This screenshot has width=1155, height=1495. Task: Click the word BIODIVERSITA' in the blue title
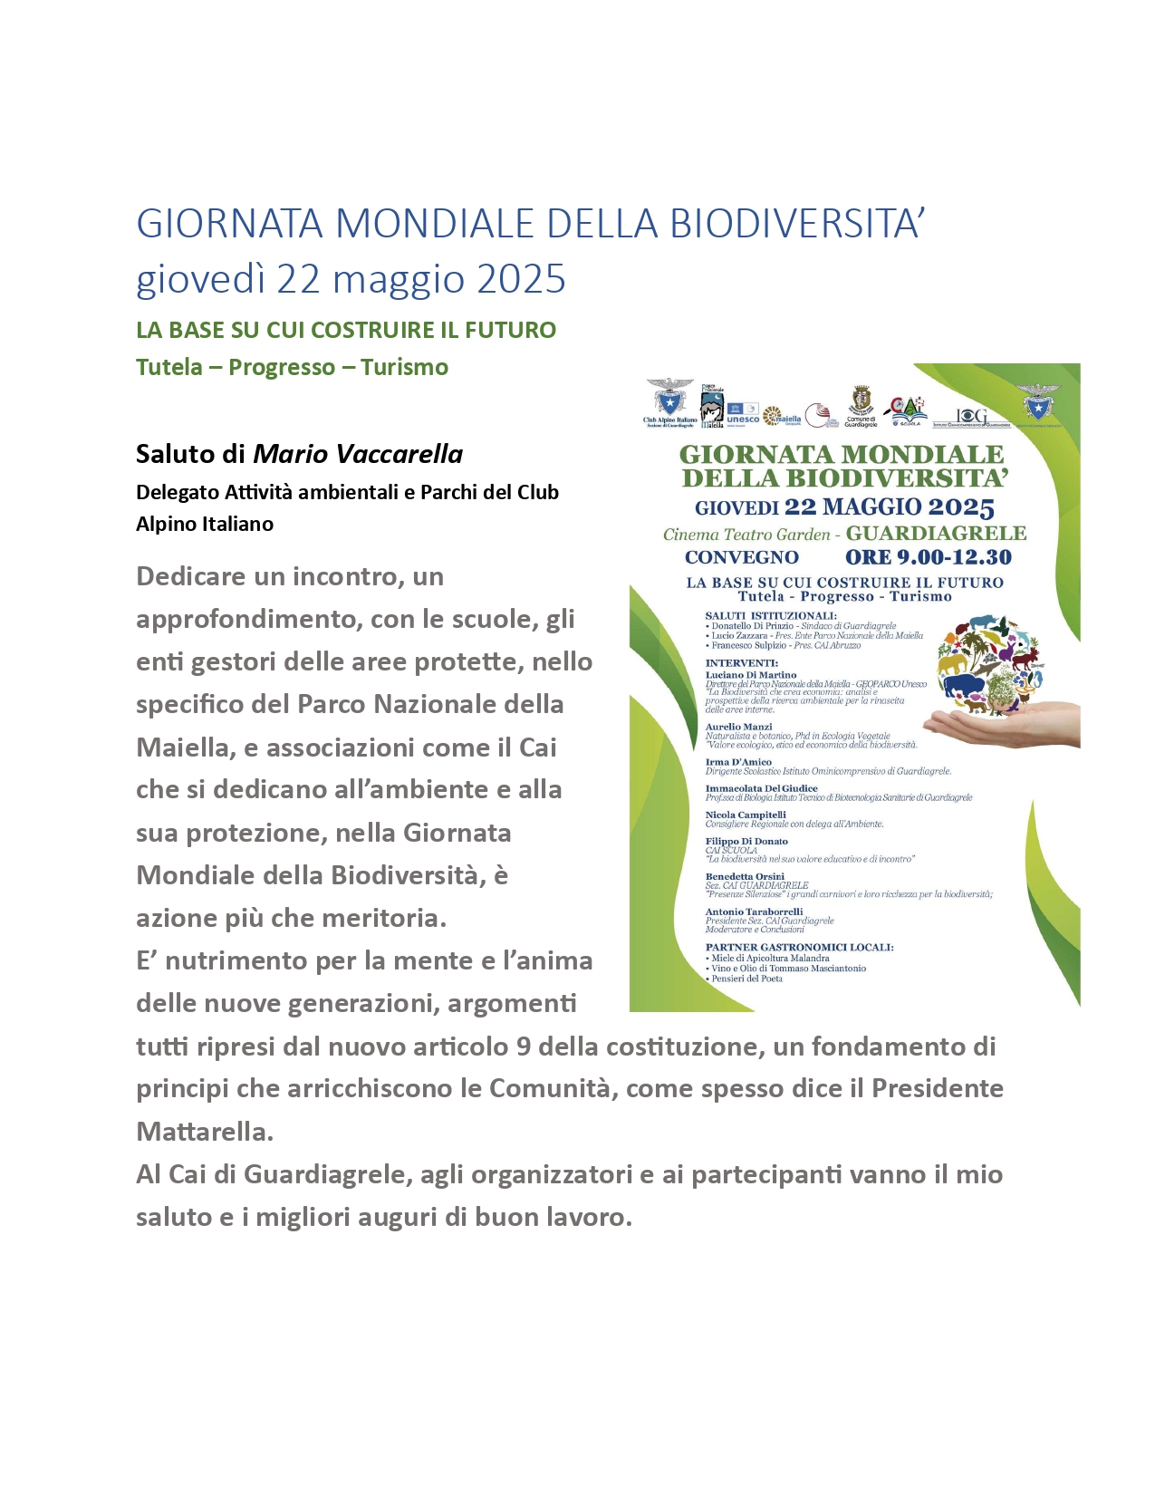tap(796, 224)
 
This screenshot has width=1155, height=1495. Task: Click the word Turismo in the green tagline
tap(404, 367)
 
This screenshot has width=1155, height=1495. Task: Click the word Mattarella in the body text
tap(203, 1132)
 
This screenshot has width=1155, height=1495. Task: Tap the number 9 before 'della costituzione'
tap(523, 1046)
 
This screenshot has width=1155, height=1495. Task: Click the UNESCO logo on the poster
tap(743, 413)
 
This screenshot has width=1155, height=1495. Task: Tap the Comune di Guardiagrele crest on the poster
tap(861, 401)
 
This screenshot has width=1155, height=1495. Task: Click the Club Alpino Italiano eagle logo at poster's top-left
tap(669, 399)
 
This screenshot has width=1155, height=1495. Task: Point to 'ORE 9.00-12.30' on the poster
tap(928, 557)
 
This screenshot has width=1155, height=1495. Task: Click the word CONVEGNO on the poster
tap(741, 557)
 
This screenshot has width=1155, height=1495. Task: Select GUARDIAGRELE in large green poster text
tap(936, 534)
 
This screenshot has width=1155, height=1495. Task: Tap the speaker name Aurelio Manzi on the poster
tap(738, 727)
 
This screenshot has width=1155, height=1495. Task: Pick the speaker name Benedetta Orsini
tap(745, 876)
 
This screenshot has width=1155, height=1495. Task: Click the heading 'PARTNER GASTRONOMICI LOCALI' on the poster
tap(799, 947)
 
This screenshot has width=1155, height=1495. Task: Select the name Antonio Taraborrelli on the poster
tap(754, 911)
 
